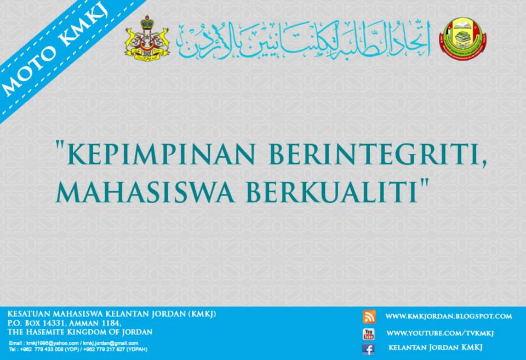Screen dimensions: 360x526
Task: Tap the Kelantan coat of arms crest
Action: click(x=147, y=37)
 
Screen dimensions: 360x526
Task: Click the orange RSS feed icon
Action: click(x=369, y=316)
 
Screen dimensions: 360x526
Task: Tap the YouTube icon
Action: click(x=369, y=333)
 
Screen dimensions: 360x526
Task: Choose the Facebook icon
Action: click(x=369, y=348)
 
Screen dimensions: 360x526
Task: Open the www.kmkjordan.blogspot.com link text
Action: click(x=448, y=316)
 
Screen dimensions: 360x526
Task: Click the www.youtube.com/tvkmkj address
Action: click(x=440, y=333)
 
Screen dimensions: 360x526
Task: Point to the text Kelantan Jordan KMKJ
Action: click(x=436, y=348)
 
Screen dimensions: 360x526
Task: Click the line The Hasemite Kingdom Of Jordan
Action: click(x=79, y=332)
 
